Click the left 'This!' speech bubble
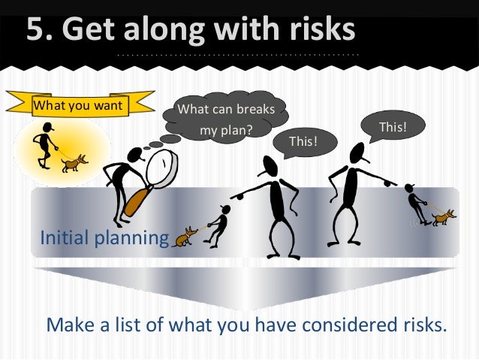303,141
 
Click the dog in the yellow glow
75,163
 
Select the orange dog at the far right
442,216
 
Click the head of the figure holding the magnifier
135,155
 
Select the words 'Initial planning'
104,238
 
